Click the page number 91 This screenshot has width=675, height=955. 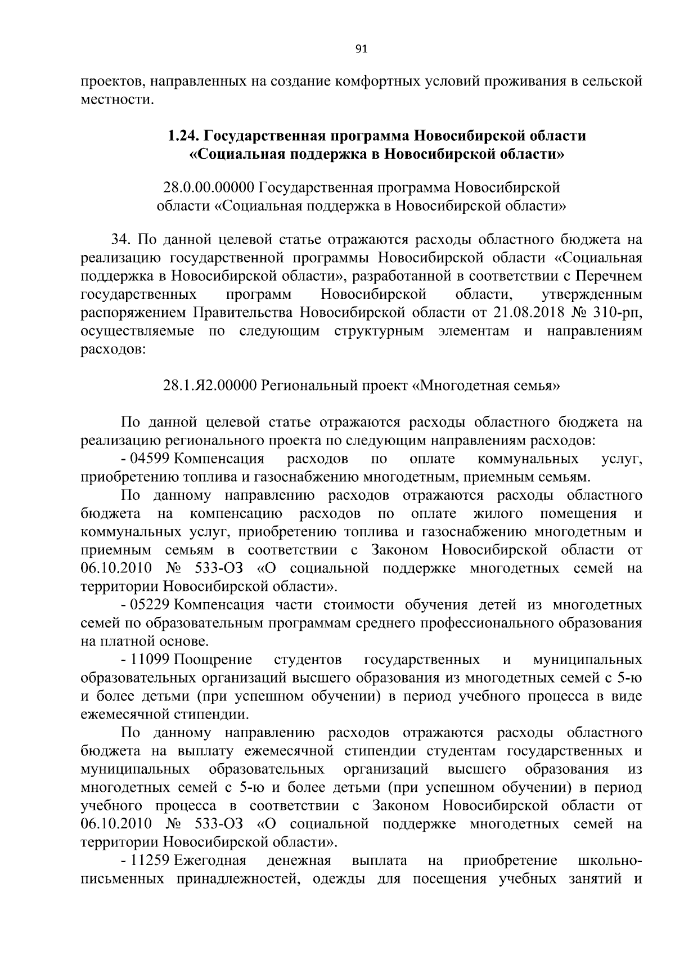pos(362,50)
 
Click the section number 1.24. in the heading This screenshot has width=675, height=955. pos(183,136)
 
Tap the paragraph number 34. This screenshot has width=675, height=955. pos(121,240)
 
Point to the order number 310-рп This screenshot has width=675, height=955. pos(618,312)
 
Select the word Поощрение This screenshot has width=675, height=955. pos(214,660)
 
